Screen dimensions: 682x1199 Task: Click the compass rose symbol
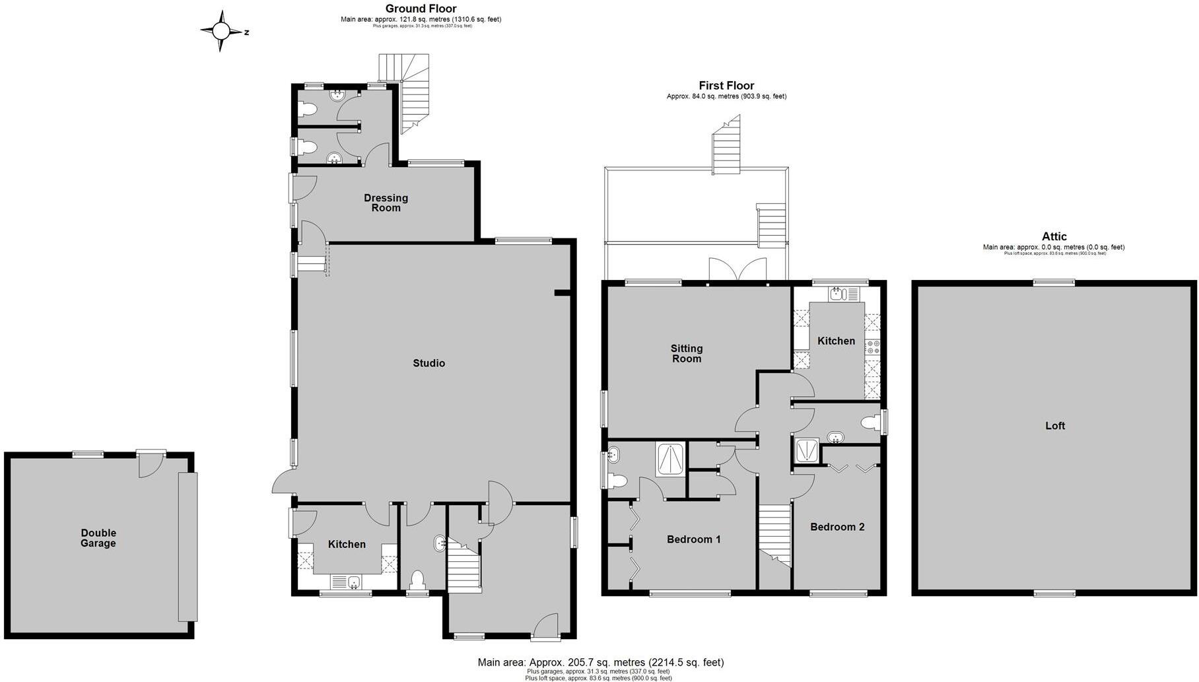(x=221, y=31)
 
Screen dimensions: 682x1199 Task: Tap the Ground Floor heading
(x=421, y=9)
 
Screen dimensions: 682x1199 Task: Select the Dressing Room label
(x=386, y=203)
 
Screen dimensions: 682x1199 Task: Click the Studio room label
(x=428, y=363)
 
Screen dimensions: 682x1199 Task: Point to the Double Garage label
(x=98, y=538)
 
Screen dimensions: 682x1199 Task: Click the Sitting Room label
(x=686, y=353)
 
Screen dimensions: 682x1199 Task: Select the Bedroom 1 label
(x=693, y=539)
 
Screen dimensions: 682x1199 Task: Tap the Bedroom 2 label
(x=837, y=527)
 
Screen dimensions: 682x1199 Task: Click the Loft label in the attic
(x=1054, y=426)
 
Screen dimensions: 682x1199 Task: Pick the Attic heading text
(x=1054, y=236)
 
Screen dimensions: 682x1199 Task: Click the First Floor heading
(x=726, y=85)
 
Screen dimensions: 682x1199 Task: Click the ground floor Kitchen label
(x=347, y=544)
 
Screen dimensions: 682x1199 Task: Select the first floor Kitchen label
(x=836, y=341)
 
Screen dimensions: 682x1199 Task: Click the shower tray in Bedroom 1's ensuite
(x=671, y=459)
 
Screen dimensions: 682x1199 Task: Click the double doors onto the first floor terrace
(x=737, y=271)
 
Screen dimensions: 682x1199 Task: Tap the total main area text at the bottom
(x=600, y=662)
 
